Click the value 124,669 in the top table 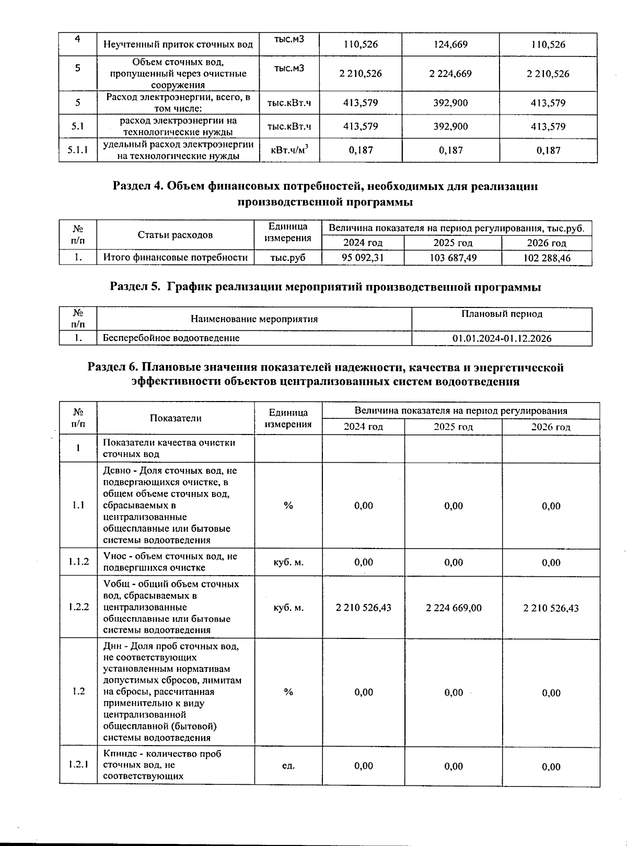450,44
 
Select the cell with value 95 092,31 363,258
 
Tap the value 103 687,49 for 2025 453,258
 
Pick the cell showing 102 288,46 547,258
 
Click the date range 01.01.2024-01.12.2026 502,338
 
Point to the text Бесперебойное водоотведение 171,338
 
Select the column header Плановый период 502,314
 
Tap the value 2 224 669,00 454,608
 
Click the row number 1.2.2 78,607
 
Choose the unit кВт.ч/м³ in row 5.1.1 289,151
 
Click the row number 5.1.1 78,151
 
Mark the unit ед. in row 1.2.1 288,766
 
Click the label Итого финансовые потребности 175,257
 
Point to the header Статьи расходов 175,235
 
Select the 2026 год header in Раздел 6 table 551,427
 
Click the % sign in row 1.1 288,506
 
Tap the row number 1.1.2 78,562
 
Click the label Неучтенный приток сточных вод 178,44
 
